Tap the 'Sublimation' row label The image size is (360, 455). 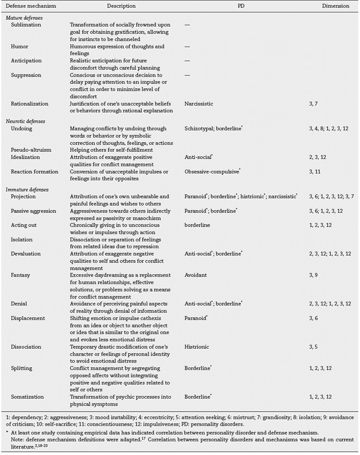26,24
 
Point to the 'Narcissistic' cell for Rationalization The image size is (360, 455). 198,104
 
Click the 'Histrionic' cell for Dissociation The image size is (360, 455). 196,347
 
